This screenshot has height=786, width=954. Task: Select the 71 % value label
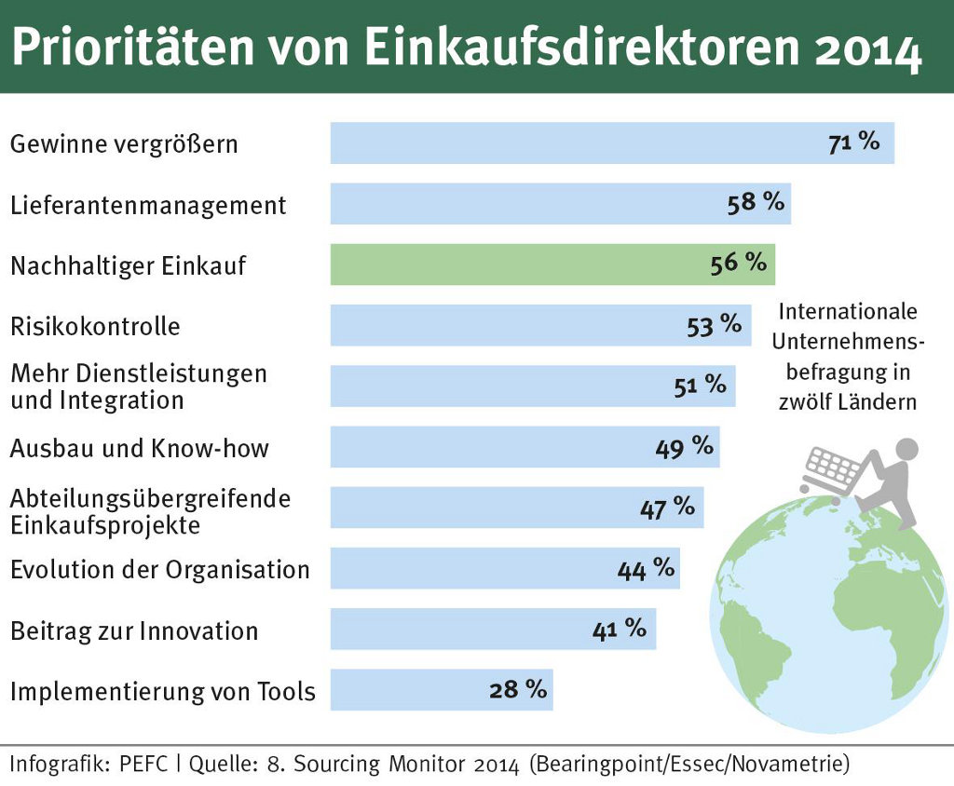(853, 142)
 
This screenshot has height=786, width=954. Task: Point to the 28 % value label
(517, 690)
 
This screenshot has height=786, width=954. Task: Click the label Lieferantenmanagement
(148, 205)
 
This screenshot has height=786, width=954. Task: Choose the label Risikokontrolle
(95, 327)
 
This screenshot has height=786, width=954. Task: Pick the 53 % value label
(715, 325)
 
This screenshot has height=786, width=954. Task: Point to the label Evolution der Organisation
(159, 569)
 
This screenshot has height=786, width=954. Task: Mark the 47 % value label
(667, 508)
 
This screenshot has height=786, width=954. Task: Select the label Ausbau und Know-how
(139, 448)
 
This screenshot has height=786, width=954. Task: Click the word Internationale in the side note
(848, 311)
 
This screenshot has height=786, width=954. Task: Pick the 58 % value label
(756, 202)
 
